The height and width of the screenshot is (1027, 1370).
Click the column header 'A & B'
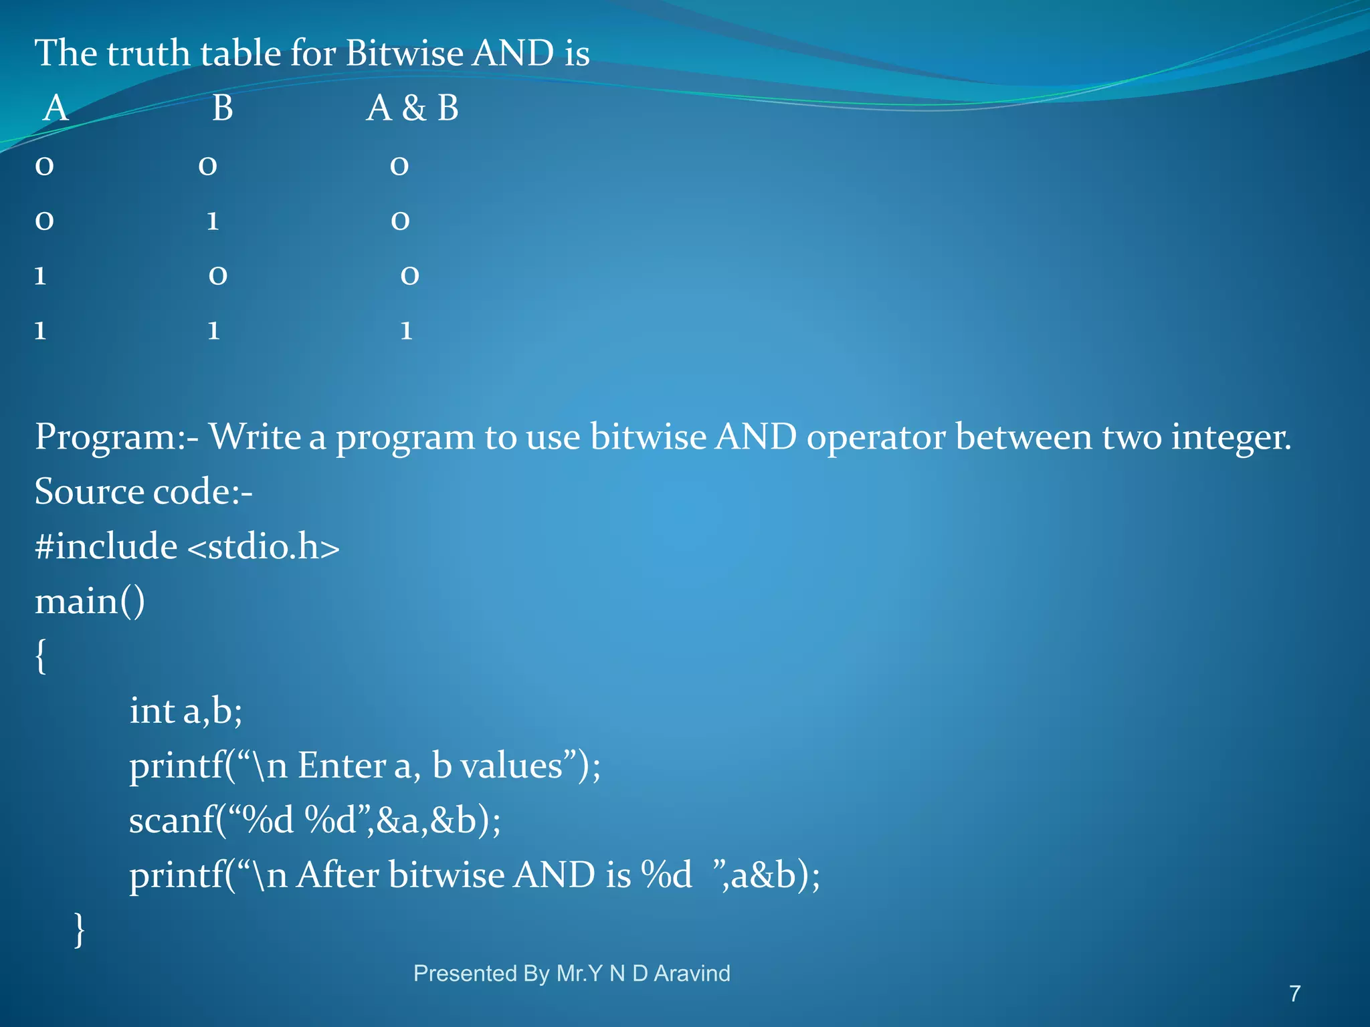click(x=412, y=108)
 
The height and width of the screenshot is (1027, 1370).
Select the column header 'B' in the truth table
click(x=222, y=108)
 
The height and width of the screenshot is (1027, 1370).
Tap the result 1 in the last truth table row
click(x=406, y=330)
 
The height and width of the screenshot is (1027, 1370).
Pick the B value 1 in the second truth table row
click(x=213, y=221)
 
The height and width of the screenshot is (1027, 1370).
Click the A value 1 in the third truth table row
click(x=41, y=275)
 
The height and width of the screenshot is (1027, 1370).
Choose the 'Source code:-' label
click(x=143, y=492)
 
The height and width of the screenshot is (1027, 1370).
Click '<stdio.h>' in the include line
click(x=264, y=547)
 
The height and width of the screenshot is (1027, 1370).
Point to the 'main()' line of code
click(x=90, y=602)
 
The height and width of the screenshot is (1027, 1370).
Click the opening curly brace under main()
click(x=41, y=657)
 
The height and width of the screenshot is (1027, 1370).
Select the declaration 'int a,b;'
click(x=185, y=711)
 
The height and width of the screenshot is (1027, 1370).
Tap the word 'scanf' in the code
click(x=172, y=820)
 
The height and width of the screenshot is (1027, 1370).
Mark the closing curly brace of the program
click(x=80, y=929)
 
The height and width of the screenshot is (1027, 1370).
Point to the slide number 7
click(x=1295, y=994)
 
